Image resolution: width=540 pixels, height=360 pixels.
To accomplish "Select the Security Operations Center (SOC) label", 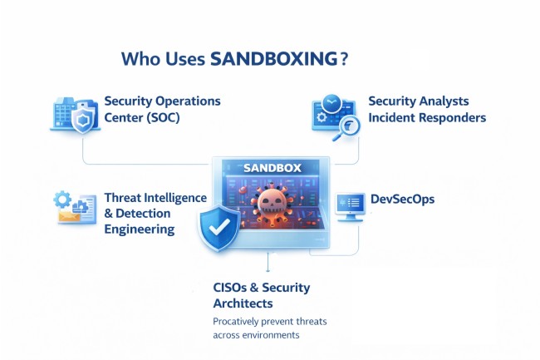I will pyautogui.click(x=162, y=109).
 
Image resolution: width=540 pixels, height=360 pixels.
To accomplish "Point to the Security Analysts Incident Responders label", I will pyautogui.click(x=426, y=109).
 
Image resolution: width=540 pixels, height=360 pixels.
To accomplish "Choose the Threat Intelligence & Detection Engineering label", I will pyautogui.click(x=155, y=214).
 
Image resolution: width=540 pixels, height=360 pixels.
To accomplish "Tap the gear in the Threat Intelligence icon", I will pyautogui.click(x=62, y=200).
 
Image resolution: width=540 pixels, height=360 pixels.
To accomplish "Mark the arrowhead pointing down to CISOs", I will pyautogui.click(x=268, y=269).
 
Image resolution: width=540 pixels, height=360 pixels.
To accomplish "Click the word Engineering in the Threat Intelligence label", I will pyautogui.click(x=140, y=229).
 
